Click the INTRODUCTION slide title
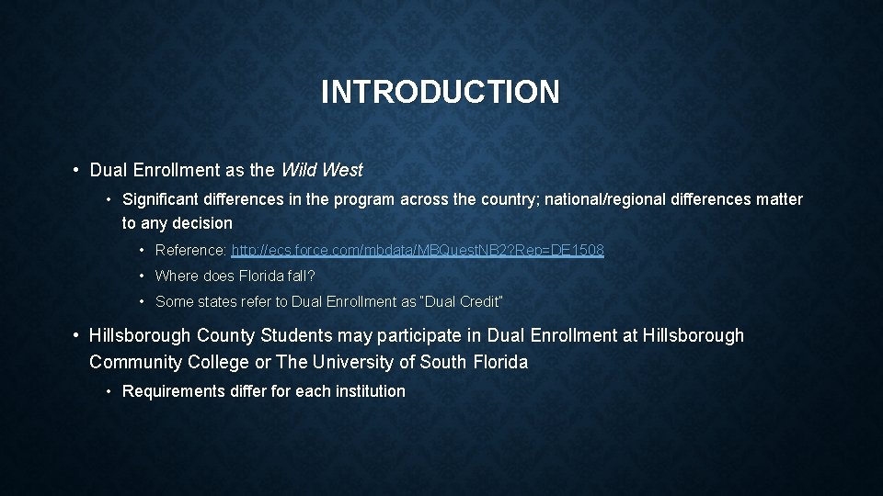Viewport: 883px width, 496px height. click(x=441, y=92)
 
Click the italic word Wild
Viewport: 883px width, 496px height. click(x=297, y=170)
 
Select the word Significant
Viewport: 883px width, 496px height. click(x=162, y=199)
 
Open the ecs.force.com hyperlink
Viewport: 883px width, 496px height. click(x=418, y=250)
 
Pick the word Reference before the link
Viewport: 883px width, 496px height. click(x=189, y=250)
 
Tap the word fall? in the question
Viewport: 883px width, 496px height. click(x=299, y=276)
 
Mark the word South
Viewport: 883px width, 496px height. click(x=442, y=362)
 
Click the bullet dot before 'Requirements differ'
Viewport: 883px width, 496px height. click(x=109, y=391)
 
